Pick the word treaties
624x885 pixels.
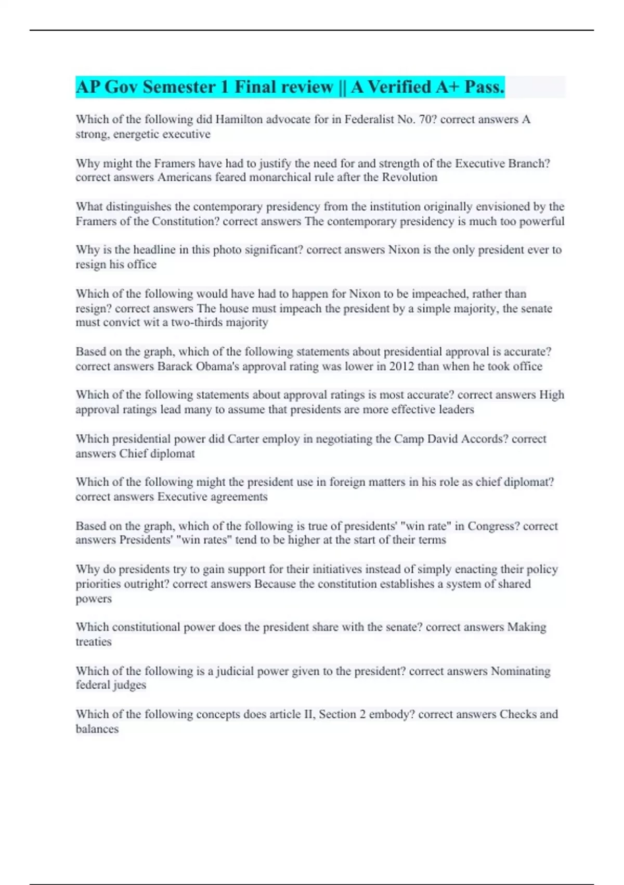(94, 642)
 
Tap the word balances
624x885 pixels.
(97, 729)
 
